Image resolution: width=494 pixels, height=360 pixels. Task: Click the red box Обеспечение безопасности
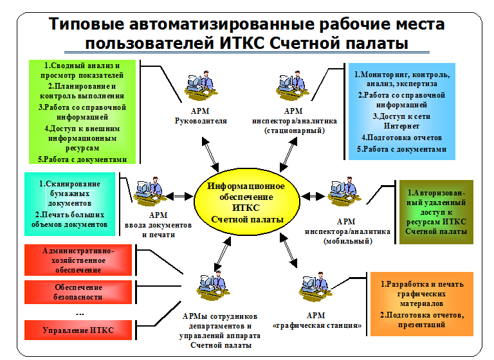(78, 292)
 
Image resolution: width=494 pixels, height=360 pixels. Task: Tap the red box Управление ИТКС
(78, 330)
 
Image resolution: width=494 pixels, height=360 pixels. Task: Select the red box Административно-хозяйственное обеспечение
(78, 260)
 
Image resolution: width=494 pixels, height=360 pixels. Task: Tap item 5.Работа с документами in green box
(82, 159)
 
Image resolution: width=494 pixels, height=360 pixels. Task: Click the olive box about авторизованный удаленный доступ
(436, 212)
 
